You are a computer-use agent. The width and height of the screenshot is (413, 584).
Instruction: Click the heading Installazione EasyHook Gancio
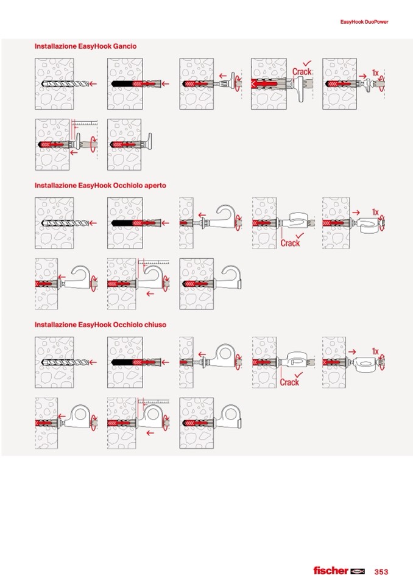(x=85, y=46)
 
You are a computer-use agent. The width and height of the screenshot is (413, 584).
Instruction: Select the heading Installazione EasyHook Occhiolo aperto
(x=100, y=185)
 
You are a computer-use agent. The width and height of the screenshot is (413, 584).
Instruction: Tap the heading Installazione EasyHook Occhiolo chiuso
(x=100, y=325)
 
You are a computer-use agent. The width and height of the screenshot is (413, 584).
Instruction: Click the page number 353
(x=381, y=572)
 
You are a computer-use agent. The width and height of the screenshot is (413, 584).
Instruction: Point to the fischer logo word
(x=331, y=571)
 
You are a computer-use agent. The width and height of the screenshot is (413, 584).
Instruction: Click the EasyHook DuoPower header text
(x=364, y=22)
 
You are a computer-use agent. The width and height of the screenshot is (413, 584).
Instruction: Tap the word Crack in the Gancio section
(x=301, y=72)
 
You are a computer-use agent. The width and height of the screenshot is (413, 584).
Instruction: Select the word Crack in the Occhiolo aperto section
(x=290, y=243)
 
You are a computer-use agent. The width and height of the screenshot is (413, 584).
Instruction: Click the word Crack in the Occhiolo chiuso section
(x=290, y=382)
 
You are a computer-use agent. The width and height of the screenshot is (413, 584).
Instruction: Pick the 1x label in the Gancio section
(x=375, y=73)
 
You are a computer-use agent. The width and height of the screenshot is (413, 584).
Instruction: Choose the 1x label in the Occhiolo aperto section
(x=375, y=213)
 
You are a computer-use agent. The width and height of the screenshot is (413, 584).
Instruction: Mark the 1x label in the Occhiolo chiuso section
(x=375, y=352)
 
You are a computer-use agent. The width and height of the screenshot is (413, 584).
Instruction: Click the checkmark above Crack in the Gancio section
(x=307, y=63)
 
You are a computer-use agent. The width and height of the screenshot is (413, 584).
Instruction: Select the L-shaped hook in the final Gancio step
(x=149, y=139)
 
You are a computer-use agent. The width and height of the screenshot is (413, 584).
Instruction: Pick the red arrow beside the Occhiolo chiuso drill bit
(x=93, y=362)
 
